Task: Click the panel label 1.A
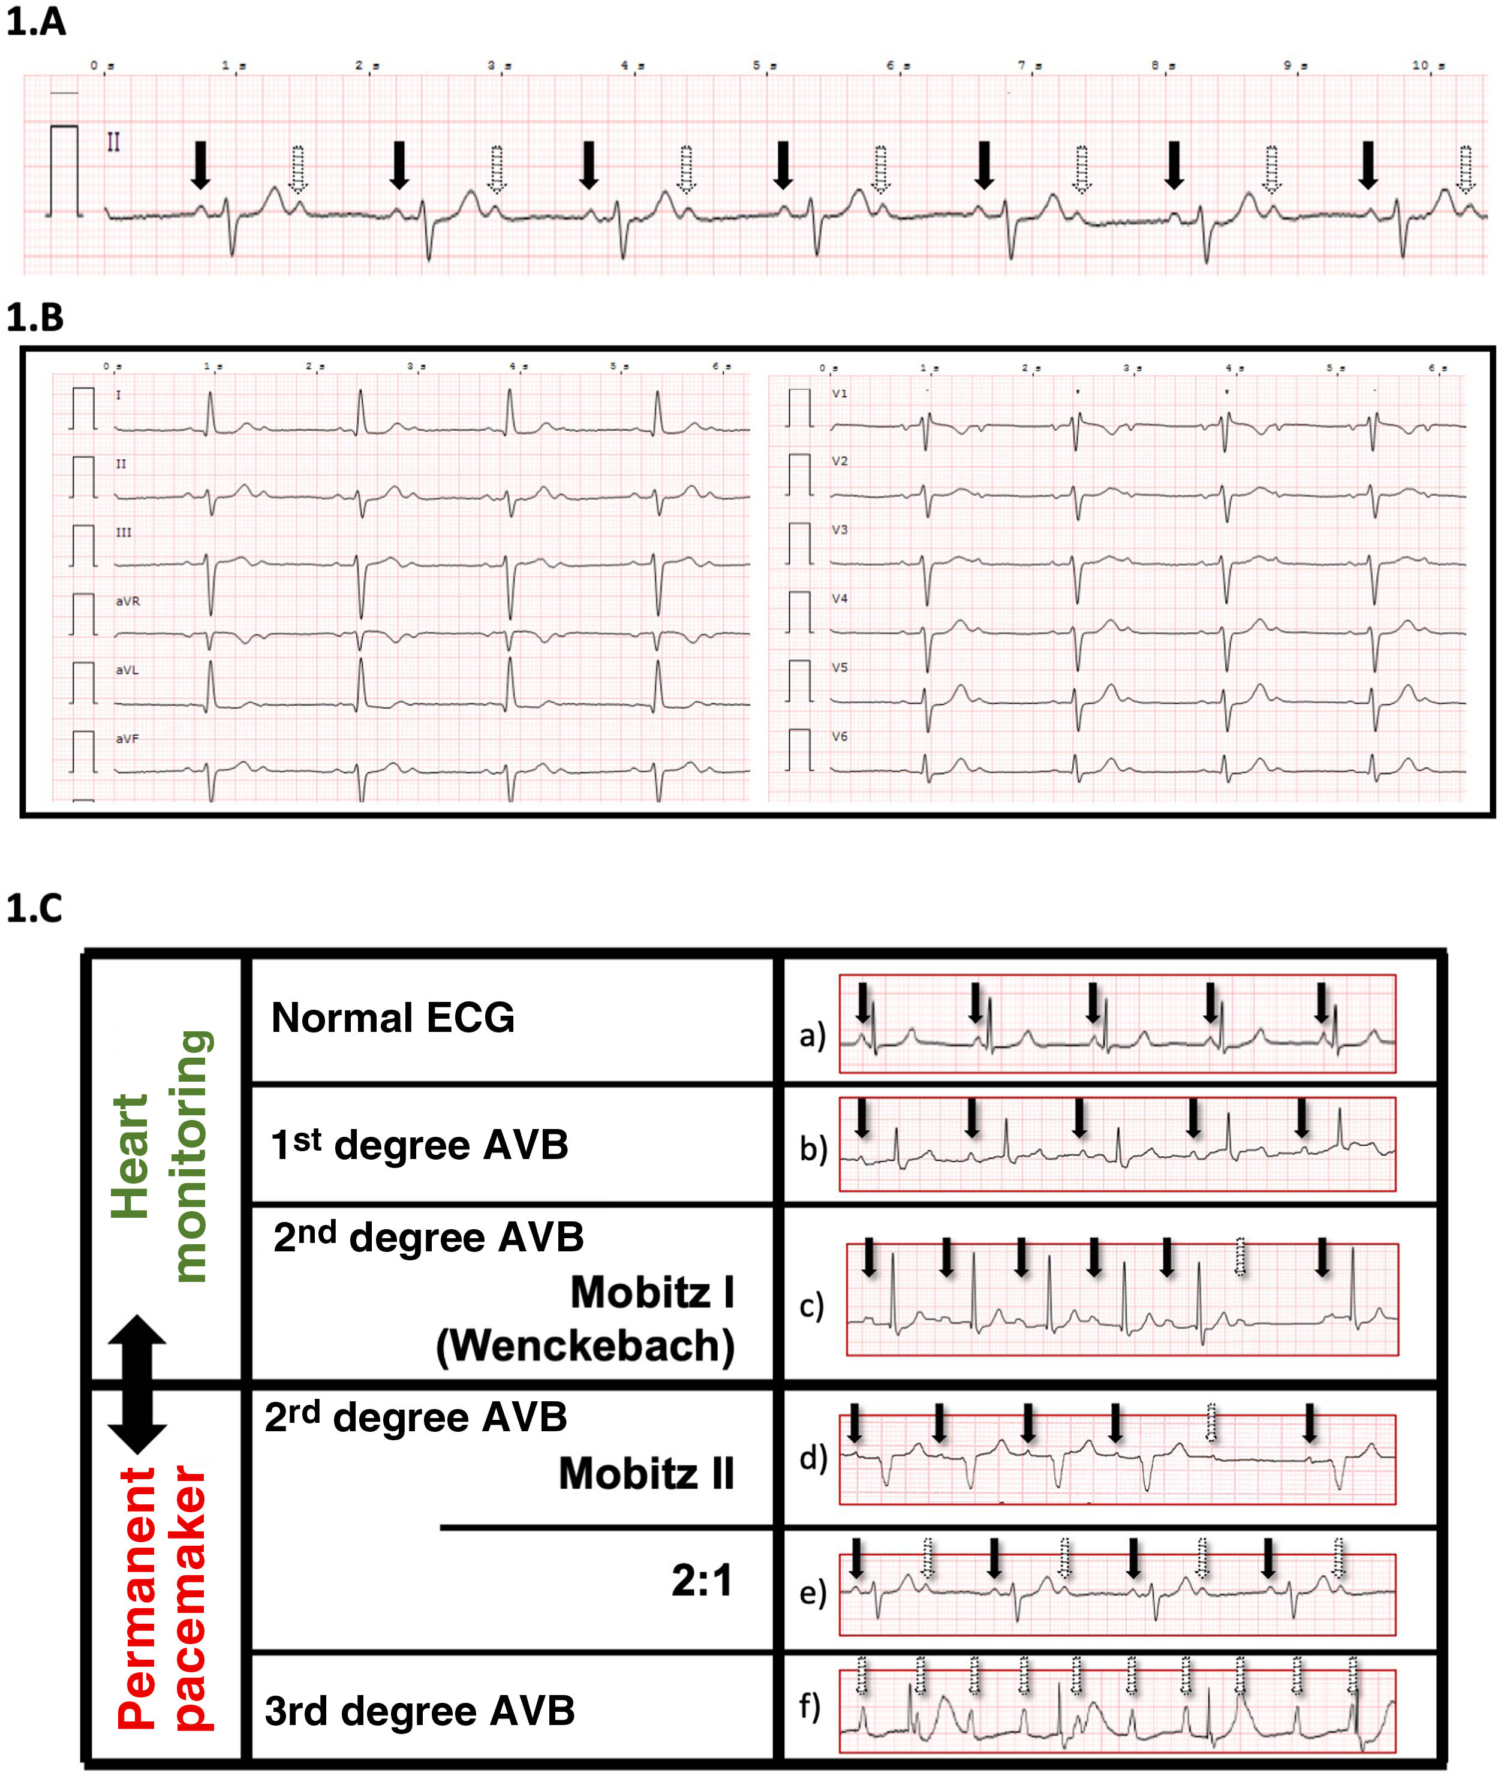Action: pyautogui.click(x=36, y=22)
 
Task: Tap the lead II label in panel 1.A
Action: pyautogui.click(x=113, y=142)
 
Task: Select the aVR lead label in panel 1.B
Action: pyautogui.click(x=128, y=601)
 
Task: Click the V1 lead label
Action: pyautogui.click(x=840, y=394)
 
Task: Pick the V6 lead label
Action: pyautogui.click(x=840, y=736)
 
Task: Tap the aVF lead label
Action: pyautogui.click(x=128, y=739)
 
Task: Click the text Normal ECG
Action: pyautogui.click(x=392, y=1018)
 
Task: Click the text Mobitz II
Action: pyautogui.click(x=646, y=1474)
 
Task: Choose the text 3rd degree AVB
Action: pyautogui.click(x=420, y=1710)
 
